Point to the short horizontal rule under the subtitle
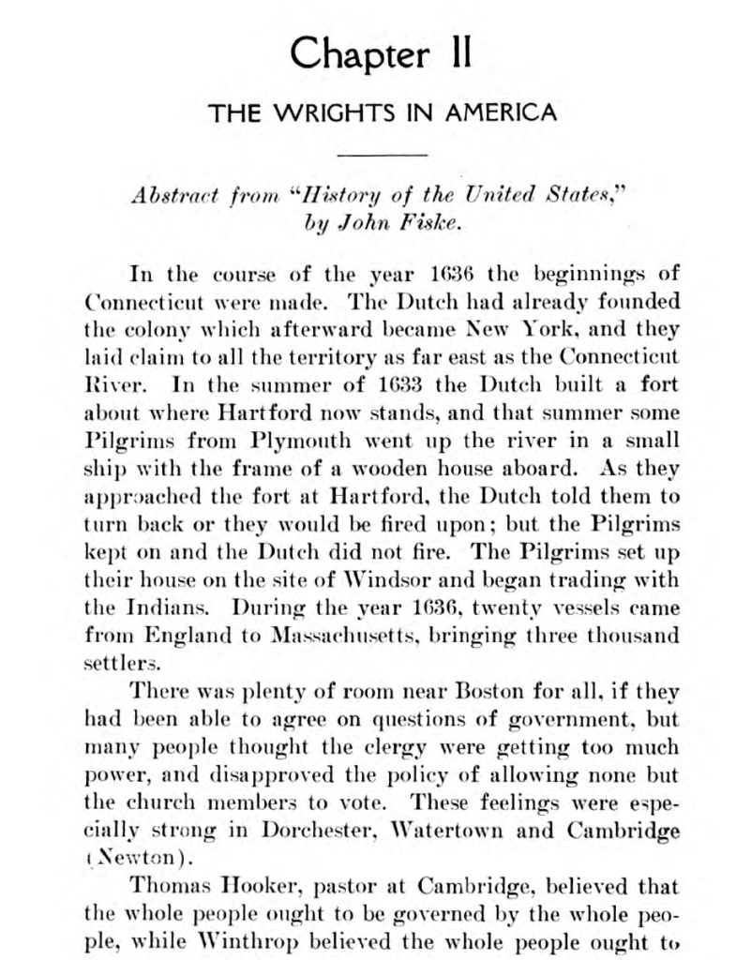[382, 154]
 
